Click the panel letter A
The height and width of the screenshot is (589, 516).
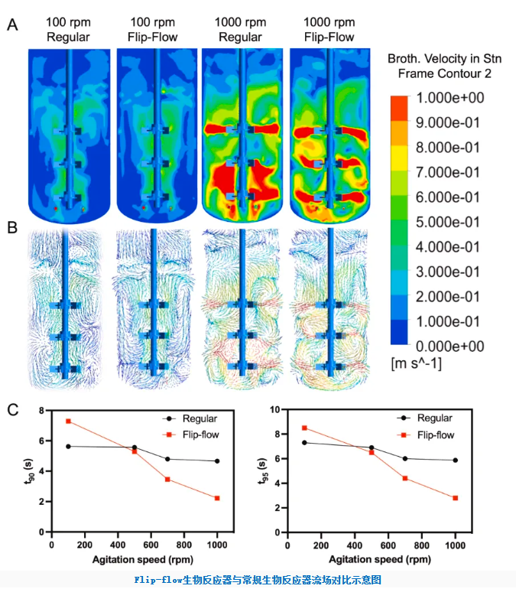(x=12, y=25)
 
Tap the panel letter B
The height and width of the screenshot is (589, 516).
(x=12, y=227)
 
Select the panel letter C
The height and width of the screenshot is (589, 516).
(x=13, y=409)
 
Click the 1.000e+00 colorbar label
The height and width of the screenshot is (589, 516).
(x=450, y=98)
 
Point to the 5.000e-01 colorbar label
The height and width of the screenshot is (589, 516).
(x=448, y=222)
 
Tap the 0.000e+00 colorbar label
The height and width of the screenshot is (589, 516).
(x=450, y=347)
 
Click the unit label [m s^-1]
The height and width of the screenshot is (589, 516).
(x=416, y=363)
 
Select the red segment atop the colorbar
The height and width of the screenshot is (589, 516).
(x=399, y=108)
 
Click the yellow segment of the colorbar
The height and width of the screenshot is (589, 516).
(x=399, y=158)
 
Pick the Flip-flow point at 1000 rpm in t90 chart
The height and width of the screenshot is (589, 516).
(x=217, y=498)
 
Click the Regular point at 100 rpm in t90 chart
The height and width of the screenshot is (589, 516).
(x=68, y=446)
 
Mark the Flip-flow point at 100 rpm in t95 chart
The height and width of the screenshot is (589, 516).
(x=304, y=428)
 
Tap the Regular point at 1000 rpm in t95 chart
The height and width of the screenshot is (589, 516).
(x=455, y=460)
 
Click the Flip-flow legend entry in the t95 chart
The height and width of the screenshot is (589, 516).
(x=425, y=435)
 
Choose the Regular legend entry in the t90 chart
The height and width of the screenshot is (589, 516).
(x=190, y=418)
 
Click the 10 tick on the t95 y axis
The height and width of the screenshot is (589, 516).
(x=275, y=409)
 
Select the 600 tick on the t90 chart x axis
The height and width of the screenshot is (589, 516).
(x=151, y=545)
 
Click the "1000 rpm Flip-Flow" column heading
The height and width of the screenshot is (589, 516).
(x=329, y=30)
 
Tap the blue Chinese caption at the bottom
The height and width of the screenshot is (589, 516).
(x=258, y=580)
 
